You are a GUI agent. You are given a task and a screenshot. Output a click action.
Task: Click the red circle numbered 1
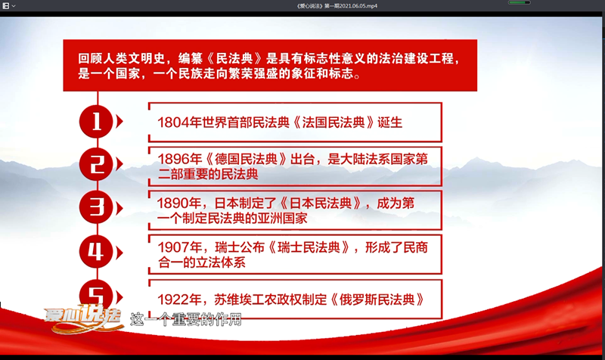point(97,122)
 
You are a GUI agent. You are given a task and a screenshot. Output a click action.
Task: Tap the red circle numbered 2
point(97,165)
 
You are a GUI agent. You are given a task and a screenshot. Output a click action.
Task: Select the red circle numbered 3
point(97,207)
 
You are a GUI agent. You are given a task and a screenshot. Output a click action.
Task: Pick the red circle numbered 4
point(97,252)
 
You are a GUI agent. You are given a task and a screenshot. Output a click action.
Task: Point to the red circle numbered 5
point(97,294)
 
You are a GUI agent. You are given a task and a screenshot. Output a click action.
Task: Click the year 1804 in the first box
point(174,123)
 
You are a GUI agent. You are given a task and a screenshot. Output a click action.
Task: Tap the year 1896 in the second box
point(174,159)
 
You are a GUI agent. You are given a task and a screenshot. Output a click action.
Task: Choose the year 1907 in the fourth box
point(174,247)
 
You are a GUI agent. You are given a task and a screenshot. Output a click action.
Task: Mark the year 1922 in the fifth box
point(174,299)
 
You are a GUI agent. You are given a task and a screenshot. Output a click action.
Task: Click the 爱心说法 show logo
point(83,318)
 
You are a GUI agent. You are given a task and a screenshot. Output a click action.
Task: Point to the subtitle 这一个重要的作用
point(185,319)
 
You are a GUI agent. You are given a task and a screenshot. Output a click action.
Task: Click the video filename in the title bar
point(337,6)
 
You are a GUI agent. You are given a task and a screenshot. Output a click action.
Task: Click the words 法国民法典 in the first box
point(334,123)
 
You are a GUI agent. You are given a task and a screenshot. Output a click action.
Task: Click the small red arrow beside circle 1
point(119,122)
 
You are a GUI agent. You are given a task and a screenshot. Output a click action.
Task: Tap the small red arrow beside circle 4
point(119,253)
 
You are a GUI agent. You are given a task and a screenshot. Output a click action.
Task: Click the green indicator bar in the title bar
point(519,2)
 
